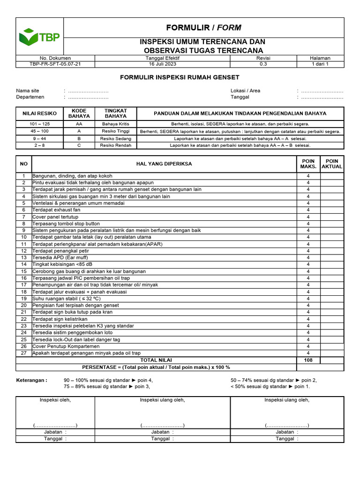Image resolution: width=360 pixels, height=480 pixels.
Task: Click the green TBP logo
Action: click(x=39, y=37)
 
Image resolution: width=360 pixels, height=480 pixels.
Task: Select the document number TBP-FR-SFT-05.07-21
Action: click(x=55, y=64)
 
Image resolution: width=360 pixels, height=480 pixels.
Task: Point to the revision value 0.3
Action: click(x=263, y=64)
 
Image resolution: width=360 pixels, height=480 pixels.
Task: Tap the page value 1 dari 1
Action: click(x=320, y=64)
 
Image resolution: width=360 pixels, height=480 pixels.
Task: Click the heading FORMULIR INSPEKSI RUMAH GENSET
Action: click(x=180, y=77)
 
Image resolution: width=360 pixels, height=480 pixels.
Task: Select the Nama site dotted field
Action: click(x=88, y=90)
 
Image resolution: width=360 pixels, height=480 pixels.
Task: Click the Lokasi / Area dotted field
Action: click(x=322, y=90)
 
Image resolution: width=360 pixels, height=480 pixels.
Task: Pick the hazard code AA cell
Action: click(x=79, y=124)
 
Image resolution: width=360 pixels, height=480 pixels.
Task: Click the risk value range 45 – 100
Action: click(x=39, y=131)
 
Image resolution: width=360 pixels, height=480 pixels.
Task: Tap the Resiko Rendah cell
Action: click(x=115, y=145)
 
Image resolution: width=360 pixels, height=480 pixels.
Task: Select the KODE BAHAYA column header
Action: click(x=79, y=113)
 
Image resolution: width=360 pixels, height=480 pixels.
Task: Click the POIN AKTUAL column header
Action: click(x=332, y=164)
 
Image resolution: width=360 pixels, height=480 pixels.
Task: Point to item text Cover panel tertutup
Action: click(x=55, y=217)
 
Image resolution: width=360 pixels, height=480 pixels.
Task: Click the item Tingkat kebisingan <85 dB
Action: click(x=59, y=264)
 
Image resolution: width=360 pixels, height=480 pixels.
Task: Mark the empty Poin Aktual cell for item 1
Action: click(x=332, y=176)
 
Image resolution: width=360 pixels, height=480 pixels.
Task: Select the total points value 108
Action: click(x=308, y=360)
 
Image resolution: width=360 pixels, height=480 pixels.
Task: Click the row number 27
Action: click(x=23, y=353)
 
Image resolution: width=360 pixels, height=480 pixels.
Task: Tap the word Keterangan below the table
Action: click(x=31, y=380)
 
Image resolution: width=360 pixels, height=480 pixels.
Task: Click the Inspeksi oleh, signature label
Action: click(x=55, y=400)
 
